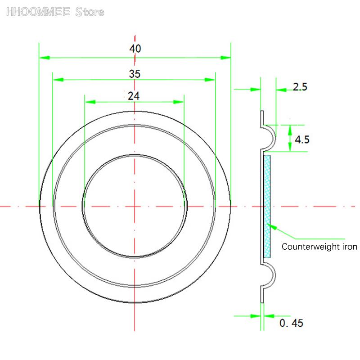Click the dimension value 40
click(135, 49)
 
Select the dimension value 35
click(135, 74)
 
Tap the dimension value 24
click(134, 95)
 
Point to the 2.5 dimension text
click(300, 87)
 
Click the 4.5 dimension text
click(301, 139)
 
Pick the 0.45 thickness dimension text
click(291, 323)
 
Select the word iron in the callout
click(349, 247)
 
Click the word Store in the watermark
click(90, 12)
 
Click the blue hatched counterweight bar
click(267, 206)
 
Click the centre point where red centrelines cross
click(135, 206)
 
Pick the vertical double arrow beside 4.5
click(290, 139)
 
